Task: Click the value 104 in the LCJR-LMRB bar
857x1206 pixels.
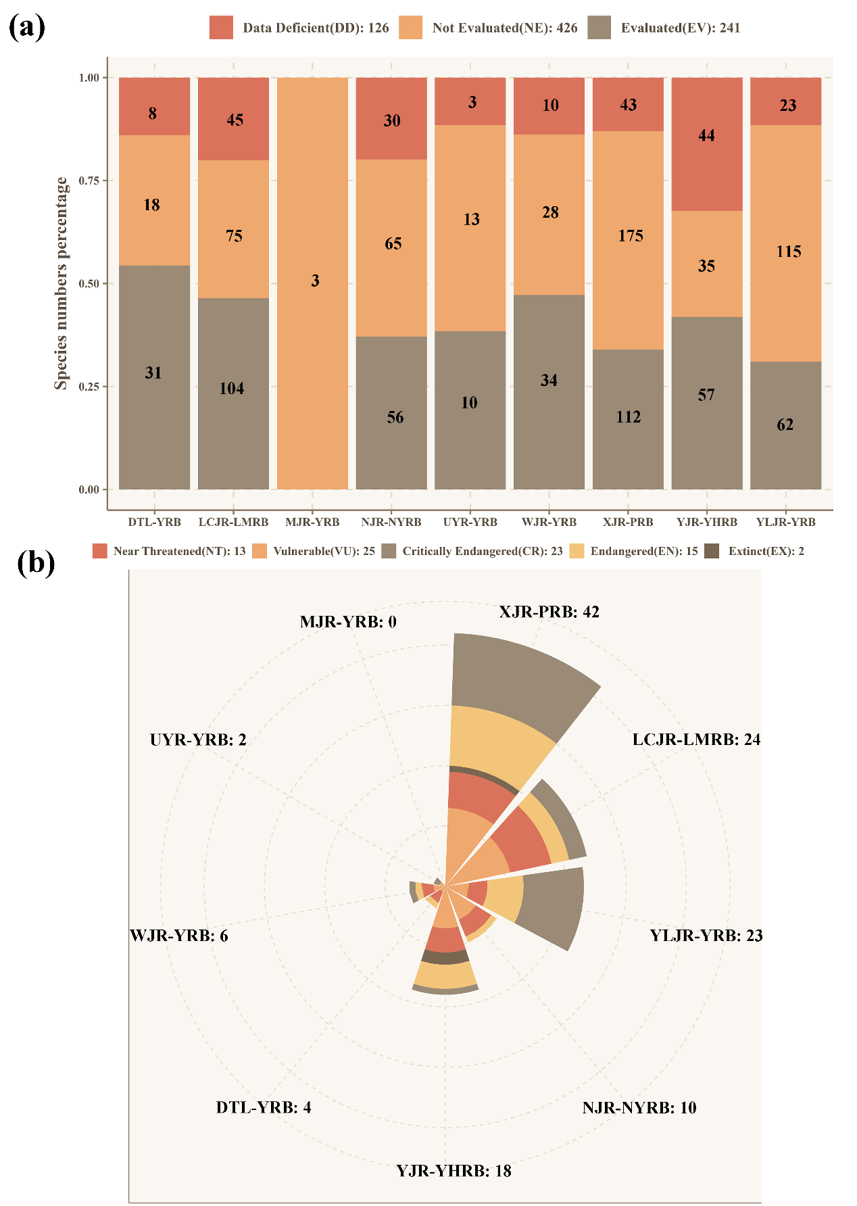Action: [x=232, y=388]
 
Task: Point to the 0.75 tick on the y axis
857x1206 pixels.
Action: [x=89, y=180]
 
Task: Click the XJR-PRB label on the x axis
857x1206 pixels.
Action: [x=628, y=522]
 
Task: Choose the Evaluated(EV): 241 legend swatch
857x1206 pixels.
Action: [x=599, y=28]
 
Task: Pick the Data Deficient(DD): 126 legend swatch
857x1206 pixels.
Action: [x=221, y=28]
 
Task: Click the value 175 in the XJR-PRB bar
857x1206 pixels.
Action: [x=631, y=235]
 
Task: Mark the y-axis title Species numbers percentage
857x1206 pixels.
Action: [x=62, y=283]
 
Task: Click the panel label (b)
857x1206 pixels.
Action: [x=36, y=563]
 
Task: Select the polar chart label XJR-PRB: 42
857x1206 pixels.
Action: [x=549, y=612]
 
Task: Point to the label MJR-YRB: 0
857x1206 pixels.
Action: [x=348, y=622]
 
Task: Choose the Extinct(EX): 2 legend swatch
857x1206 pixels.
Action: [x=712, y=551]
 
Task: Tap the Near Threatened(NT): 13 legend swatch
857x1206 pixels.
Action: [x=100, y=551]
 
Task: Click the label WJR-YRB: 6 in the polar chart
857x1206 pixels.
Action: [x=179, y=936]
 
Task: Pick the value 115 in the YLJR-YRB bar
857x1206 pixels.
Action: [x=789, y=251]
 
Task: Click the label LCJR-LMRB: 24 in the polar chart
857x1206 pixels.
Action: [x=696, y=740]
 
